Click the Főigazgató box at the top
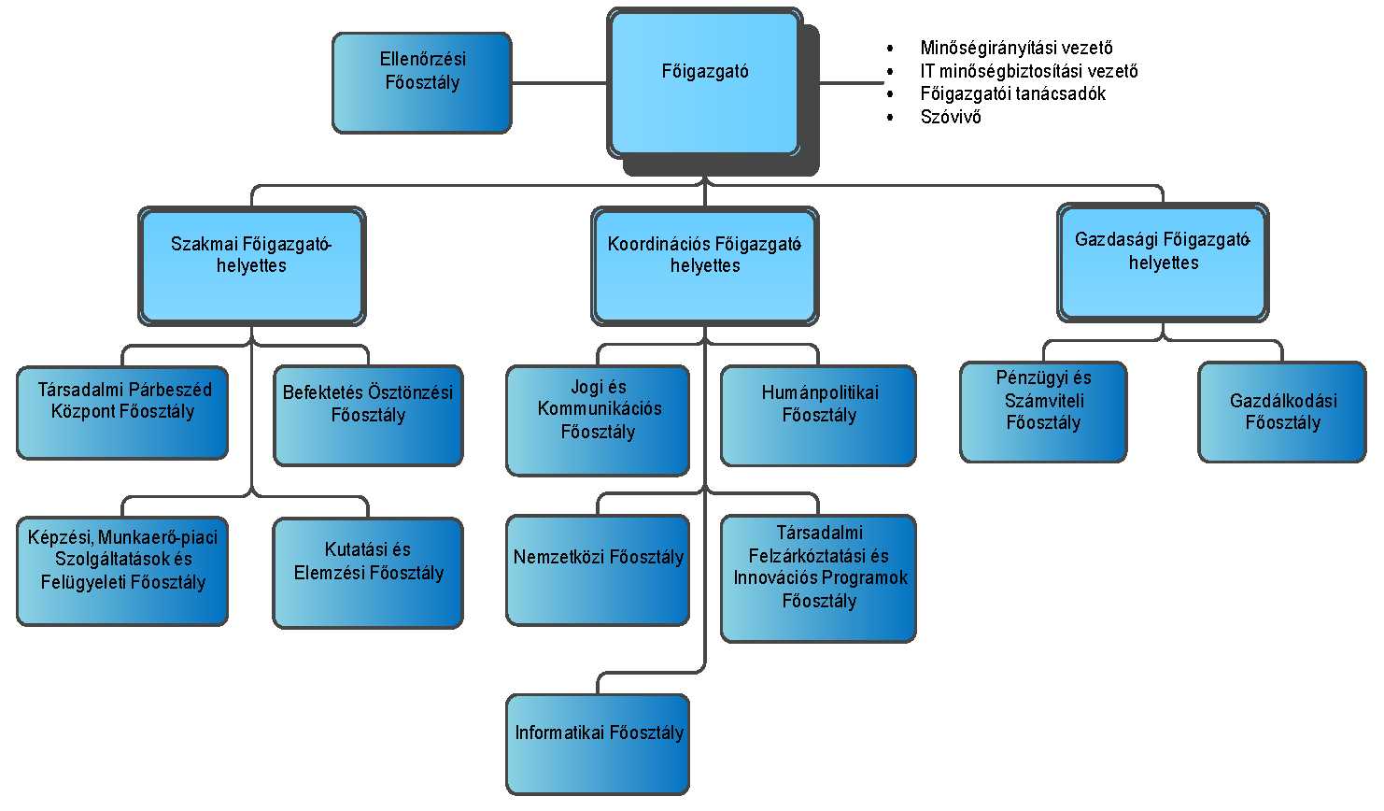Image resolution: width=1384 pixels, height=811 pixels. (705, 82)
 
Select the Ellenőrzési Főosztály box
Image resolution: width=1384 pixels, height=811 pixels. (422, 83)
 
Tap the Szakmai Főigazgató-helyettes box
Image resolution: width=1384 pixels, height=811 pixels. (251, 266)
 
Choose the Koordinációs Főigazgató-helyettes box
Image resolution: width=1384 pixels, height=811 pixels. (705, 266)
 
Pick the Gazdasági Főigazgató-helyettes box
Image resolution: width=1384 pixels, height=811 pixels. (1163, 263)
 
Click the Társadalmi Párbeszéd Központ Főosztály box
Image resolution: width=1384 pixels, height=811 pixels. (122, 412)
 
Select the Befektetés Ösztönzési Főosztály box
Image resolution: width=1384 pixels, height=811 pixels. (368, 415)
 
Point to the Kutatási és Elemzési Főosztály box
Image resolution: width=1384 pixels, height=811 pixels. (368, 572)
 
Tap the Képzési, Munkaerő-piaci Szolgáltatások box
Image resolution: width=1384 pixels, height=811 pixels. (122, 571)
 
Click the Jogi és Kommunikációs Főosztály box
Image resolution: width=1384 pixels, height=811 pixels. (598, 420)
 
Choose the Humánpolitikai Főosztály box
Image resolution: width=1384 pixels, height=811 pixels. (818, 415)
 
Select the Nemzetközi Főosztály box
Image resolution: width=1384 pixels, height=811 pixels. (598, 570)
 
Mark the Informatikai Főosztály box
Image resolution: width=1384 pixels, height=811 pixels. (598, 744)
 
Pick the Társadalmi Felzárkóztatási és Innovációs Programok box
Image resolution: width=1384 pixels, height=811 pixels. (818, 577)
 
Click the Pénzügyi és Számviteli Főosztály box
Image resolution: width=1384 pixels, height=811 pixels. (1043, 412)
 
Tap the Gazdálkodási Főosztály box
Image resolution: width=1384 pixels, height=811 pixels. (1282, 412)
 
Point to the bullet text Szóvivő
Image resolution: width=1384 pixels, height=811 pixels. (951, 117)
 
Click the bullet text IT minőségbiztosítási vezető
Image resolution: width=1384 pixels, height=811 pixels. (1028, 71)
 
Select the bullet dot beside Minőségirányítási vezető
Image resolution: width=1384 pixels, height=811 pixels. (890, 48)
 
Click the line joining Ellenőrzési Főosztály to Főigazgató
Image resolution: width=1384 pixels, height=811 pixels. (559, 83)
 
